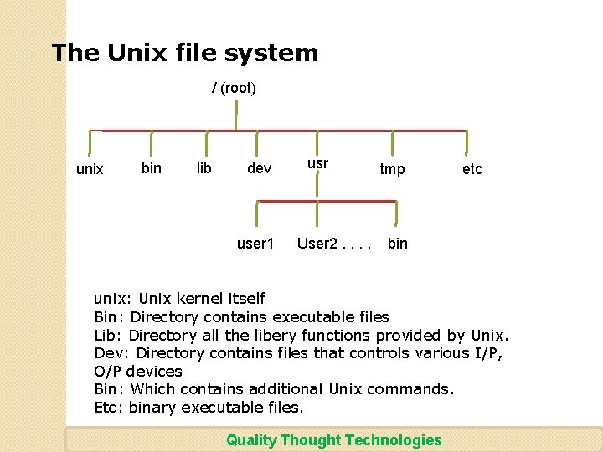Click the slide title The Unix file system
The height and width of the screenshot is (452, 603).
[185, 53]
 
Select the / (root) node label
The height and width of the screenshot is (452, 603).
[234, 87]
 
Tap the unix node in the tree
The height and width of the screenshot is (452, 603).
[90, 169]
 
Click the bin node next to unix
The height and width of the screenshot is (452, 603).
[152, 168]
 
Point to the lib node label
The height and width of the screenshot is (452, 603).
[204, 168]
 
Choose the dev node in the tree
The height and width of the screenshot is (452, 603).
[259, 168]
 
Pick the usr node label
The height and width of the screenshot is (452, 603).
[317, 163]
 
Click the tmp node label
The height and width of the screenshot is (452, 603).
[392, 169]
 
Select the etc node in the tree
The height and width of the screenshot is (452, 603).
[472, 169]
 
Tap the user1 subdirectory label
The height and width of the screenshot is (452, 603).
[255, 244]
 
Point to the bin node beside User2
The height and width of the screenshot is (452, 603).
[398, 244]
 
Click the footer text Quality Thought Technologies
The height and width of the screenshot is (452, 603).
[333, 440]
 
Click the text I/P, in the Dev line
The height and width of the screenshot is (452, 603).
[485, 353]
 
